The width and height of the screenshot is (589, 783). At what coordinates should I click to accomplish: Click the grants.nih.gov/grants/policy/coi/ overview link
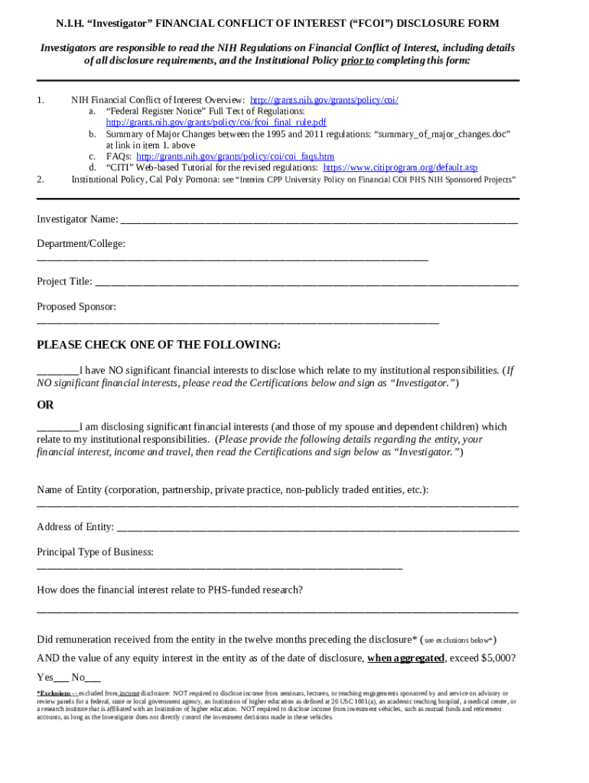tap(324, 100)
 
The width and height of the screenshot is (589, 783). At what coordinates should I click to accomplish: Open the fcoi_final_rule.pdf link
tap(216, 122)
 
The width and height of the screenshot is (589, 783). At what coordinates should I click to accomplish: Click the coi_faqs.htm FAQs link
tap(235, 156)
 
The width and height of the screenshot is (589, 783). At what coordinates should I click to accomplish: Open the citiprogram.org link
tap(400, 167)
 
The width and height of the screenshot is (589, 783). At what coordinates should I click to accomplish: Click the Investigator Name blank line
tap(318, 221)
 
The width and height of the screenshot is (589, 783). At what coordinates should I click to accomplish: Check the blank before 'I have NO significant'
tap(57, 372)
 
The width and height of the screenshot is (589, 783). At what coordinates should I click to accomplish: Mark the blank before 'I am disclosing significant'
tap(57, 428)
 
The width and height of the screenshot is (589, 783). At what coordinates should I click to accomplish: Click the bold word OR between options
tap(46, 405)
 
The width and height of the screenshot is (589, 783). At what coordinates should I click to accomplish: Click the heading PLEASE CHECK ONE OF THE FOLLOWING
tap(158, 345)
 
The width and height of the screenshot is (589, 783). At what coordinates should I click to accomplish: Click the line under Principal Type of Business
tap(220, 567)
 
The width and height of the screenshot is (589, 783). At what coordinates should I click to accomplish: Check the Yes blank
tap(62, 678)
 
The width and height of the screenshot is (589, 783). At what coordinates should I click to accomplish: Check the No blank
tap(93, 678)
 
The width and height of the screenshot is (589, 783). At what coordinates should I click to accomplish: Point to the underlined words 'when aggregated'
tap(405, 658)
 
